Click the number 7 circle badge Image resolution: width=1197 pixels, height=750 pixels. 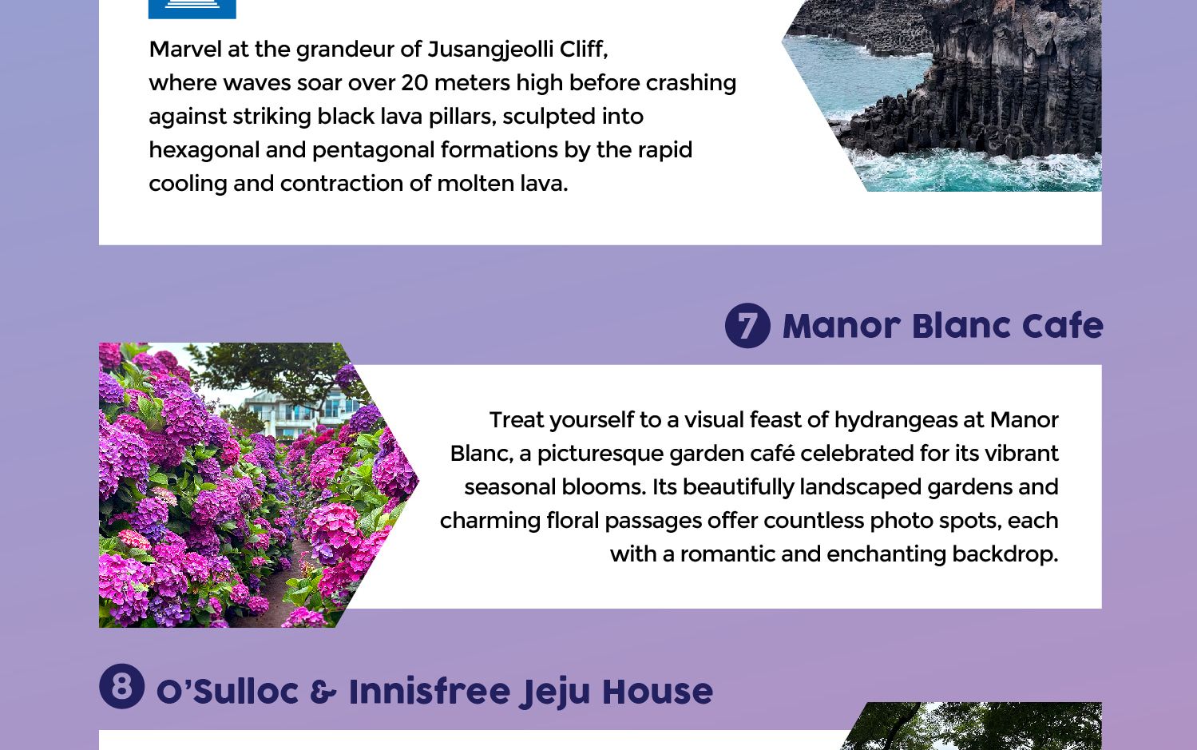[747, 326]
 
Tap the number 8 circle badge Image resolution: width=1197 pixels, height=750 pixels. [122, 686]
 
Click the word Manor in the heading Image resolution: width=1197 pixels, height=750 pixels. [842, 326]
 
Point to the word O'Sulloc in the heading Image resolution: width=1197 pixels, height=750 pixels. [227, 691]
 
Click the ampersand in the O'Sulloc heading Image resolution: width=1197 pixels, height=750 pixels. [323, 692]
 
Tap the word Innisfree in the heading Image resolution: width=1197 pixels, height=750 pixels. [430, 691]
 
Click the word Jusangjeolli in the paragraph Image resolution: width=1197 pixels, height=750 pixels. [490, 50]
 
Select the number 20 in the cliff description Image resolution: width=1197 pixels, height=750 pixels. [414, 83]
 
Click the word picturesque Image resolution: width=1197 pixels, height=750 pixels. [600, 454]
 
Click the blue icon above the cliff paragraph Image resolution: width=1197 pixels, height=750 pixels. [192, 9]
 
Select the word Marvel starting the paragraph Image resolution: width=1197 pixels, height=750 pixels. [185, 50]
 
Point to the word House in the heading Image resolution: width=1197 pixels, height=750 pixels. [657, 691]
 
